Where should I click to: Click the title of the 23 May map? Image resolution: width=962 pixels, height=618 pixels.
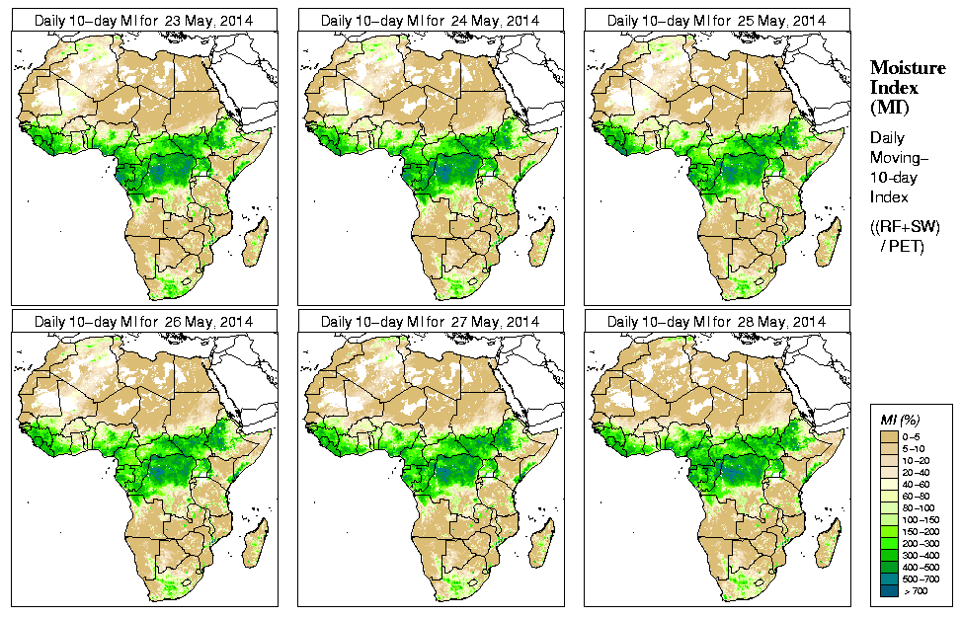coord(143,20)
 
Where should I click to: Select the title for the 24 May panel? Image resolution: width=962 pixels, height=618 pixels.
coord(430,20)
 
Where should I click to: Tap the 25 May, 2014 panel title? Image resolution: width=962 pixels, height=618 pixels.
coord(716,20)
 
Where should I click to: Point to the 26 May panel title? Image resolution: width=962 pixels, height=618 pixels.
coord(143,322)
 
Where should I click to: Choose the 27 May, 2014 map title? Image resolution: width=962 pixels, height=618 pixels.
coord(430,322)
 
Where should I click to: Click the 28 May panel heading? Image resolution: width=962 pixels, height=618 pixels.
coord(716,322)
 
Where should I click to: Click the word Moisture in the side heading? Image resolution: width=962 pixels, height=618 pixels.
coord(907,68)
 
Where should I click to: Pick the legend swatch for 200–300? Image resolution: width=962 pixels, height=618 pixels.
coord(888,543)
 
